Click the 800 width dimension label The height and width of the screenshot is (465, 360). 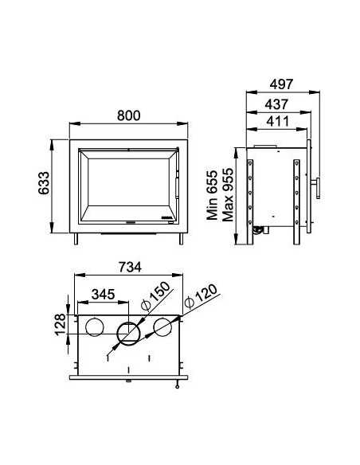(x=130, y=115)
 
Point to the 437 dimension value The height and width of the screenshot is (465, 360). (x=276, y=104)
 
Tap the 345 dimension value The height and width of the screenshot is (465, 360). (x=104, y=294)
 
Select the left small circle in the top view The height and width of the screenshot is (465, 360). (x=94, y=326)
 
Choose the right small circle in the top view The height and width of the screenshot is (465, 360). (x=163, y=326)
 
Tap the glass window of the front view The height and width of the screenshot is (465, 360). (x=127, y=185)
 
